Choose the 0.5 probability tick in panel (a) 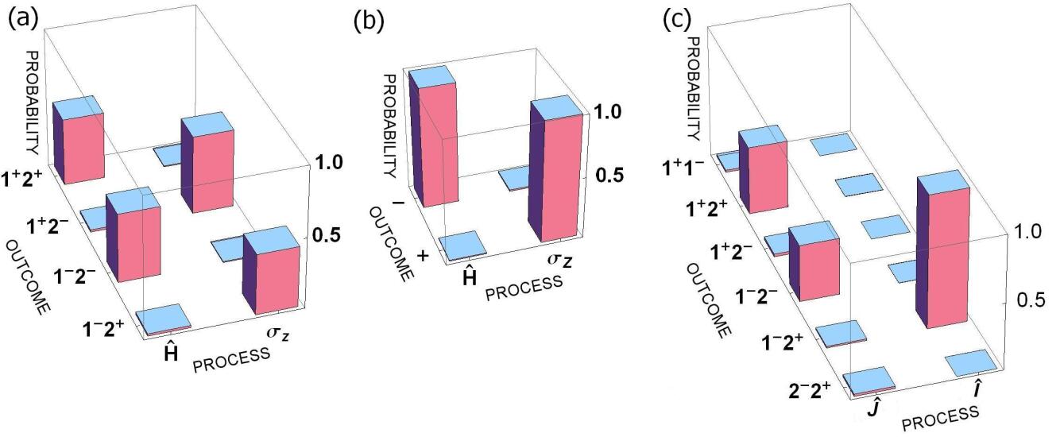[326, 235]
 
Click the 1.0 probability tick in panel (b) [613, 112]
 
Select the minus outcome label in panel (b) [398, 203]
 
